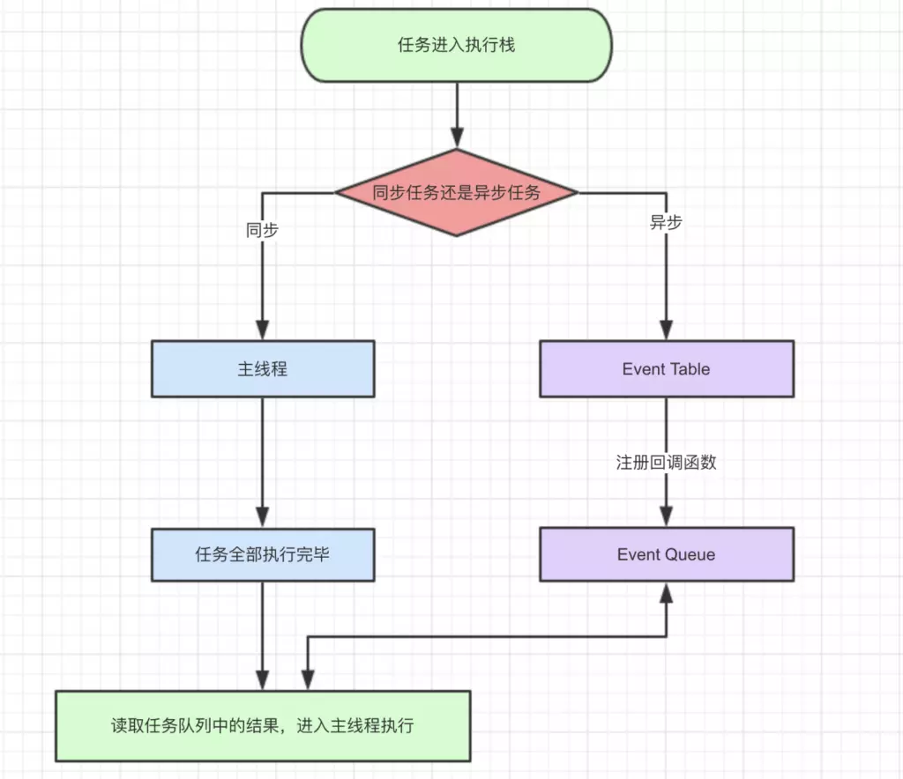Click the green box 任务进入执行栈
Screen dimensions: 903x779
pos(456,45)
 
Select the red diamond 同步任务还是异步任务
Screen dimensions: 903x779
pos(457,193)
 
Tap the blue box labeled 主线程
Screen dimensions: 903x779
pos(263,368)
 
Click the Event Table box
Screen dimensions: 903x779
pos(667,368)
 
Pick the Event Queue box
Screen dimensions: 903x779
pos(667,554)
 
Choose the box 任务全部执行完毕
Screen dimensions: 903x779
pos(263,554)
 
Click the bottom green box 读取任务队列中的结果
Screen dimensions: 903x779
pos(263,726)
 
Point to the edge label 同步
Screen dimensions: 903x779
pos(262,230)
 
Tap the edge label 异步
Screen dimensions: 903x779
pos(666,222)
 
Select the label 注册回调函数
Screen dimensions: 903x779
pos(667,462)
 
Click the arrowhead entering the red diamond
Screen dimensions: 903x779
pos(458,138)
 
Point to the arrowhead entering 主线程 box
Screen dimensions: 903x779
pos(263,330)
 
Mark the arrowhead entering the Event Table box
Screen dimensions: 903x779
pos(667,330)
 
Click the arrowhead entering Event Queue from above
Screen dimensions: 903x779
pos(667,516)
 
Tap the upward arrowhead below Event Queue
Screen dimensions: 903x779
pos(667,592)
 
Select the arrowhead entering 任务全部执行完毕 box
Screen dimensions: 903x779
pos(263,518)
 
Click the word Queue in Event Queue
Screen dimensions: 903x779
pos(690,555)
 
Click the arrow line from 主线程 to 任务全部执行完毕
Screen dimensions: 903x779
pos(263,463)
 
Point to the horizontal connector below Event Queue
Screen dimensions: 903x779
pos(487,637)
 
